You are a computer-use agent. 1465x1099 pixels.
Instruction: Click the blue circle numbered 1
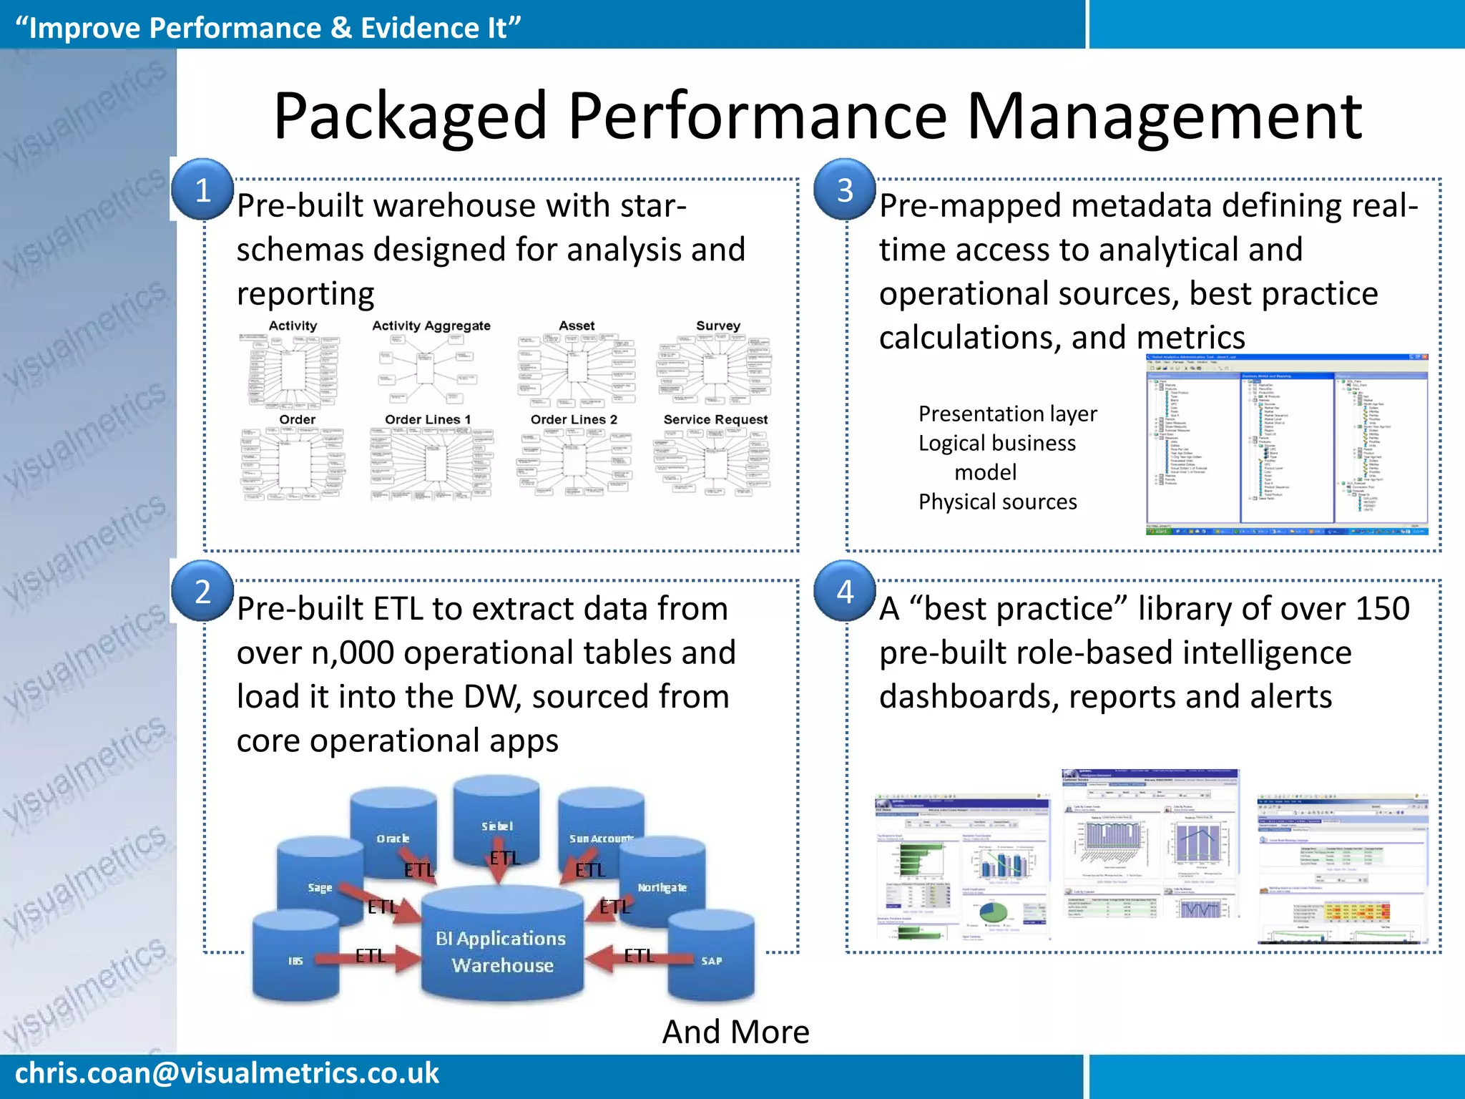[x=202, y=190]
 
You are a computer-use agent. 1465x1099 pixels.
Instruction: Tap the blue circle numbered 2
[x=202, y=592]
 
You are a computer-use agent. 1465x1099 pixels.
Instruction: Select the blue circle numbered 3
[x=845, y=190]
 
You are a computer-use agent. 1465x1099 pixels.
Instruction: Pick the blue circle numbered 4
[x=845, y=592]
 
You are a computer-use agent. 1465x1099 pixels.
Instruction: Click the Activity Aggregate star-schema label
[x=431, y=326]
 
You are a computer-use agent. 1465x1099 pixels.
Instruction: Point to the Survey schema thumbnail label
[x=717, y=326]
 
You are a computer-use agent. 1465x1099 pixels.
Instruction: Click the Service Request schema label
[x=715, y=419]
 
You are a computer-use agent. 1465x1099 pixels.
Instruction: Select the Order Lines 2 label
[x=574, y=419]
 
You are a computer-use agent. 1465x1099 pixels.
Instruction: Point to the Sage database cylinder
[x=320, y=887]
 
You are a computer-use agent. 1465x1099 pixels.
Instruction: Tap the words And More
[x=735, y=1032]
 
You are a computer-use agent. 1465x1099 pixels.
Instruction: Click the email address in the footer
[x=227, y=1073]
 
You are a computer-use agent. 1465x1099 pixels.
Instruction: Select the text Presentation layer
[x=1007, y=414]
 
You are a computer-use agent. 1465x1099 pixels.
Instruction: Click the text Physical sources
[x=997, y=502]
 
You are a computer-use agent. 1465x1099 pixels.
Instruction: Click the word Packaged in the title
[x=410, y=116]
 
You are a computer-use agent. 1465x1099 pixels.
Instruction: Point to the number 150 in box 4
[x=1381, y=609]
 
